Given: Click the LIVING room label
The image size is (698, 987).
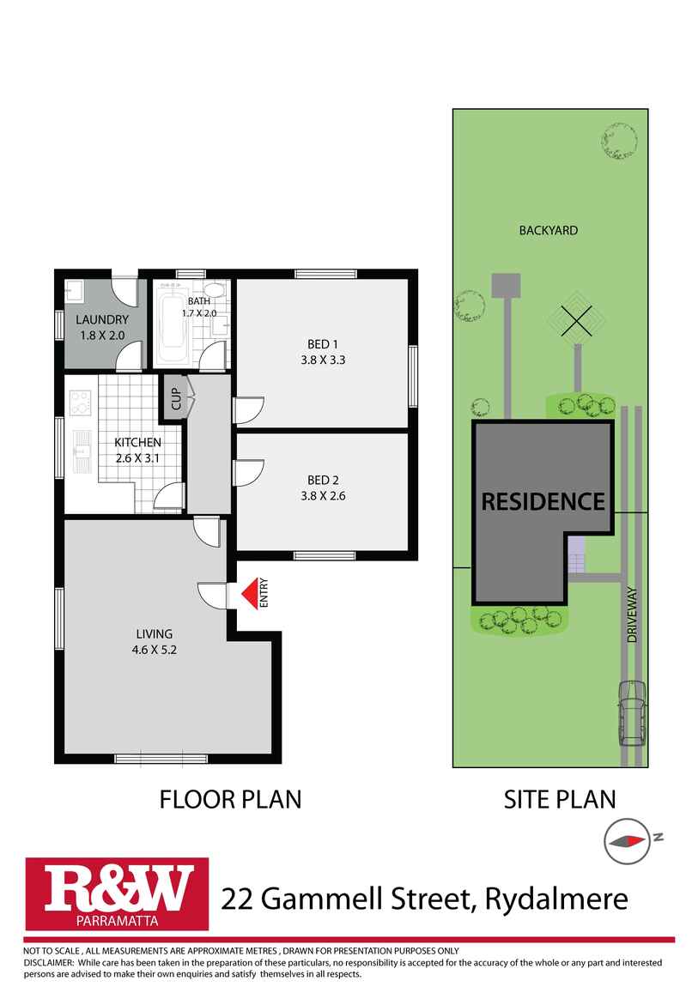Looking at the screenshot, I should click(153, 633).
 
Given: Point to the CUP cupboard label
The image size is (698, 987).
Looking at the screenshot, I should click(176, 401).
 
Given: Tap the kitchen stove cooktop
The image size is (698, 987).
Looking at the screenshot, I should click(81, 402).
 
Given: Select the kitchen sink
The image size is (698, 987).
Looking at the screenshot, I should click(82, 449).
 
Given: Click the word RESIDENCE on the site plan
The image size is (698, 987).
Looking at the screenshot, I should click(543, 502).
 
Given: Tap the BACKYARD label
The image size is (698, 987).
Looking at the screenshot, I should click(548, 230).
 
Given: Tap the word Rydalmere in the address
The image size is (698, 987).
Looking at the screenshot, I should click(556, 899).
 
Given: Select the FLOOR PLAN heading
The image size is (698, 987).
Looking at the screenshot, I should click(231, 800).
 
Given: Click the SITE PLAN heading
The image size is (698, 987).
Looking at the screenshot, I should click(559, 800).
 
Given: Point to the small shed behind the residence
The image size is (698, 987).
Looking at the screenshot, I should click(506, 286).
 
